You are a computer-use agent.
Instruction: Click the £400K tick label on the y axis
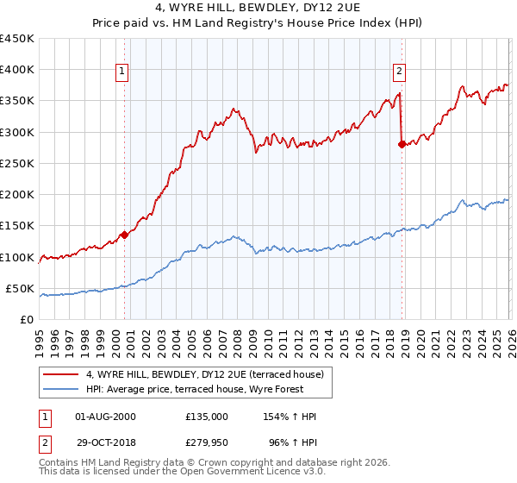point(17,70)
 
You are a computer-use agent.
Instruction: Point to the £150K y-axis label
point(17,226)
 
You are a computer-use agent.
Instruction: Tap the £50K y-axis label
point(21,288)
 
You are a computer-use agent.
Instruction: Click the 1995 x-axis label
point(40,340)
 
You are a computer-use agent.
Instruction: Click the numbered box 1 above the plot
point(122,72)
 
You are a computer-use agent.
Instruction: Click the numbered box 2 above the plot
point(400,72)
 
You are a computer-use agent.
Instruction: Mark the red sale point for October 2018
point(402,145)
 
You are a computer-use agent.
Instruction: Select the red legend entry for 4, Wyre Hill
point(204,374)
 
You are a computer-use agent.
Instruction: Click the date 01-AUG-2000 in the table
point(106,417)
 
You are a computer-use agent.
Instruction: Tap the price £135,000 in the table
point(207,417)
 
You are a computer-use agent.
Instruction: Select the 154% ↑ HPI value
point(290,417)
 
